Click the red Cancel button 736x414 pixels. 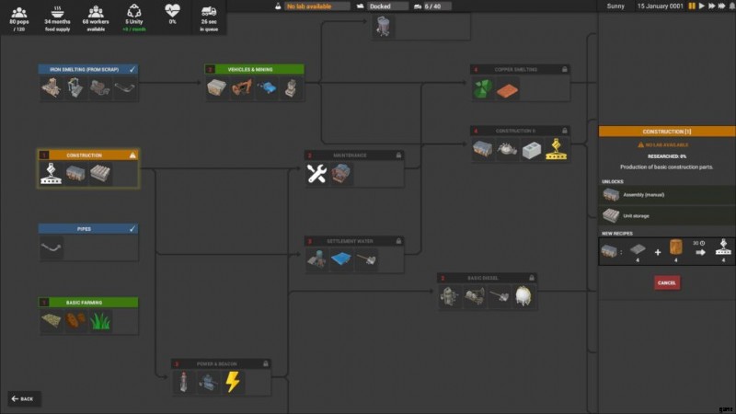click(x=667, y=282)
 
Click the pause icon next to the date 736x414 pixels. click(x=692, y=6)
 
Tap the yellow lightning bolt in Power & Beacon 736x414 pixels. click(x=233, y=382)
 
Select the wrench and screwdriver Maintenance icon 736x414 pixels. click(x=316, y=175)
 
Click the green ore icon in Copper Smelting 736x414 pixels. click(x=483, y=89)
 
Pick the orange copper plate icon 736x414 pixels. click(x=507, y=89)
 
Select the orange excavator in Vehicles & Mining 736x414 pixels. click(x=242, y=88)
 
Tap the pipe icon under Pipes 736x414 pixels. click(x=52, y=247)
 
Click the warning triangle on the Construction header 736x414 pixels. click(x=132, y=155)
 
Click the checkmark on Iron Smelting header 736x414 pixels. click(x=132, y=69)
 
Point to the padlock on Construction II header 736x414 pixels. click(x=564, y=131)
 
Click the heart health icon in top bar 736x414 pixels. click(x=172, y=11)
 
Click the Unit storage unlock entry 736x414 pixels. click(x=667, y=214)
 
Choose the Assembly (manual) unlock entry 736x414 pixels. click(x=667, y=195)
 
